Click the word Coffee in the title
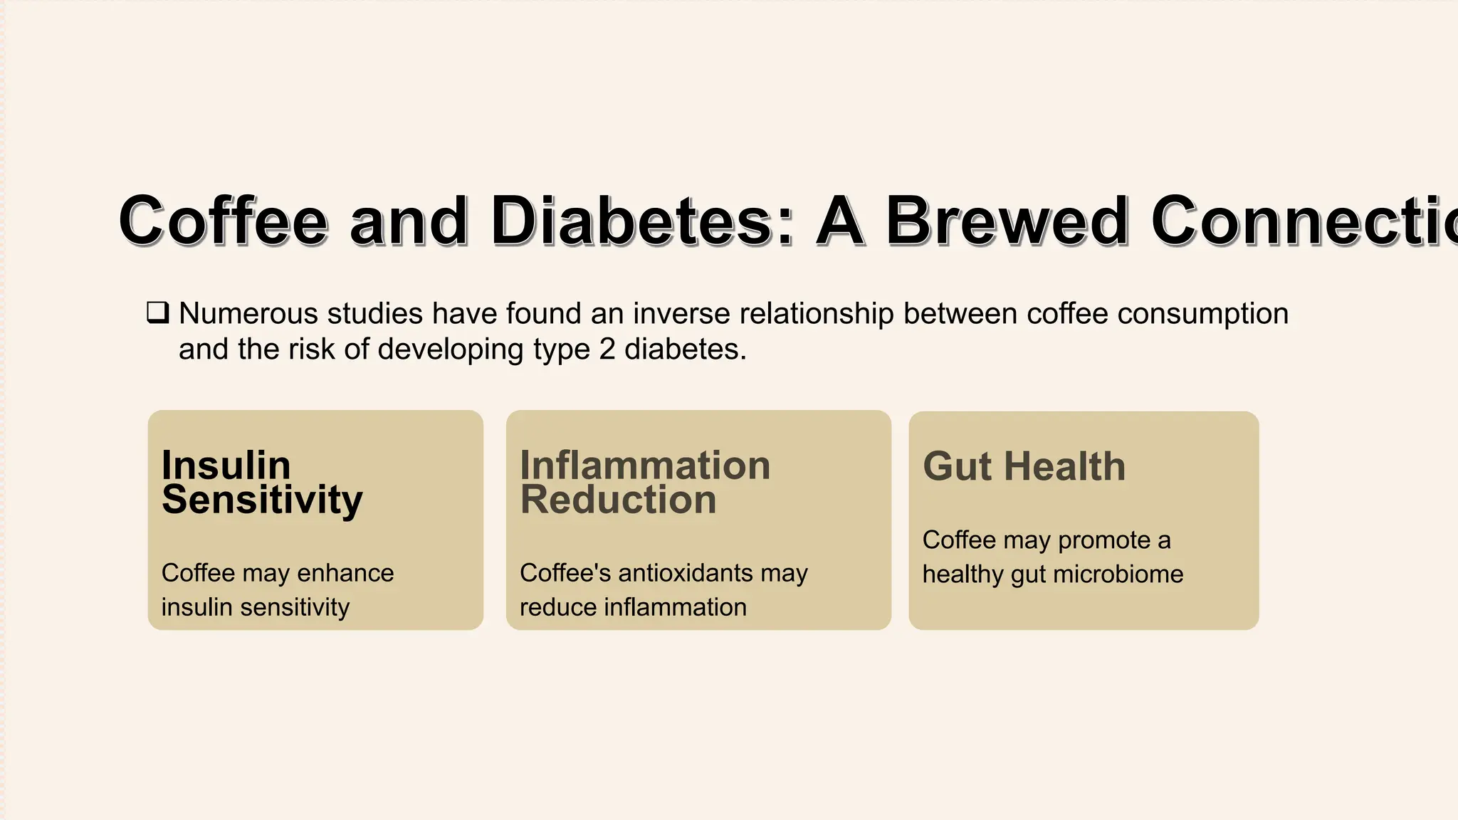click(x=223, y=221)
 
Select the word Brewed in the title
click(x=1006, y=221)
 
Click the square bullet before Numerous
click(x=157, y=312)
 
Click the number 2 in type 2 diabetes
click(x=607, y=349)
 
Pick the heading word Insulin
click(x=226, y=466)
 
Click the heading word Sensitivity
click(x=262, y=500)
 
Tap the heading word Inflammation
click(x=645, y=466)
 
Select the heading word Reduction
click(x=618, y=500)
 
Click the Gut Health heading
click(x=1024, y=467)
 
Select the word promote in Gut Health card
click(x=1104, y=540)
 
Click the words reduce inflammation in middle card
click(x=633, y=607)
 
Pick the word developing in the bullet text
click(x=451, y=349)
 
